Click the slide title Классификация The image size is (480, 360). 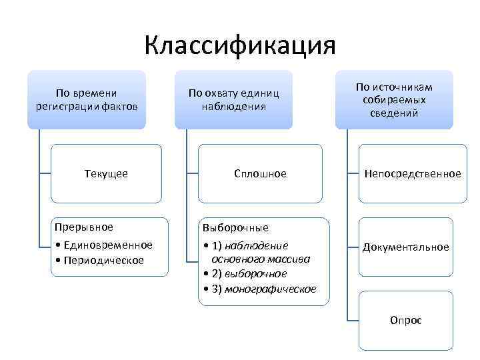pos(240,47)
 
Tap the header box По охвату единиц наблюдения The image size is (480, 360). pos(233,99)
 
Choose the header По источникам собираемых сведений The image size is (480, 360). pos(393,99)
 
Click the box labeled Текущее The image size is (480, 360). pos(107,173)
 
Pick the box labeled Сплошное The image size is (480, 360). pos(260,173)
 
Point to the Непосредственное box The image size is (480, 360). pos(412,173)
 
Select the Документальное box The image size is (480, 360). pos(405,247)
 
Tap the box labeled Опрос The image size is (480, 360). pos(406,321)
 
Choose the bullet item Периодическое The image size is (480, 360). pos(103,259)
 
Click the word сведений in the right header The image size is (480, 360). pos(393,113)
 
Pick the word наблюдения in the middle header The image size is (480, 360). pos(233,106)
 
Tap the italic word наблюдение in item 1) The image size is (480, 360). pos(256,245)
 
